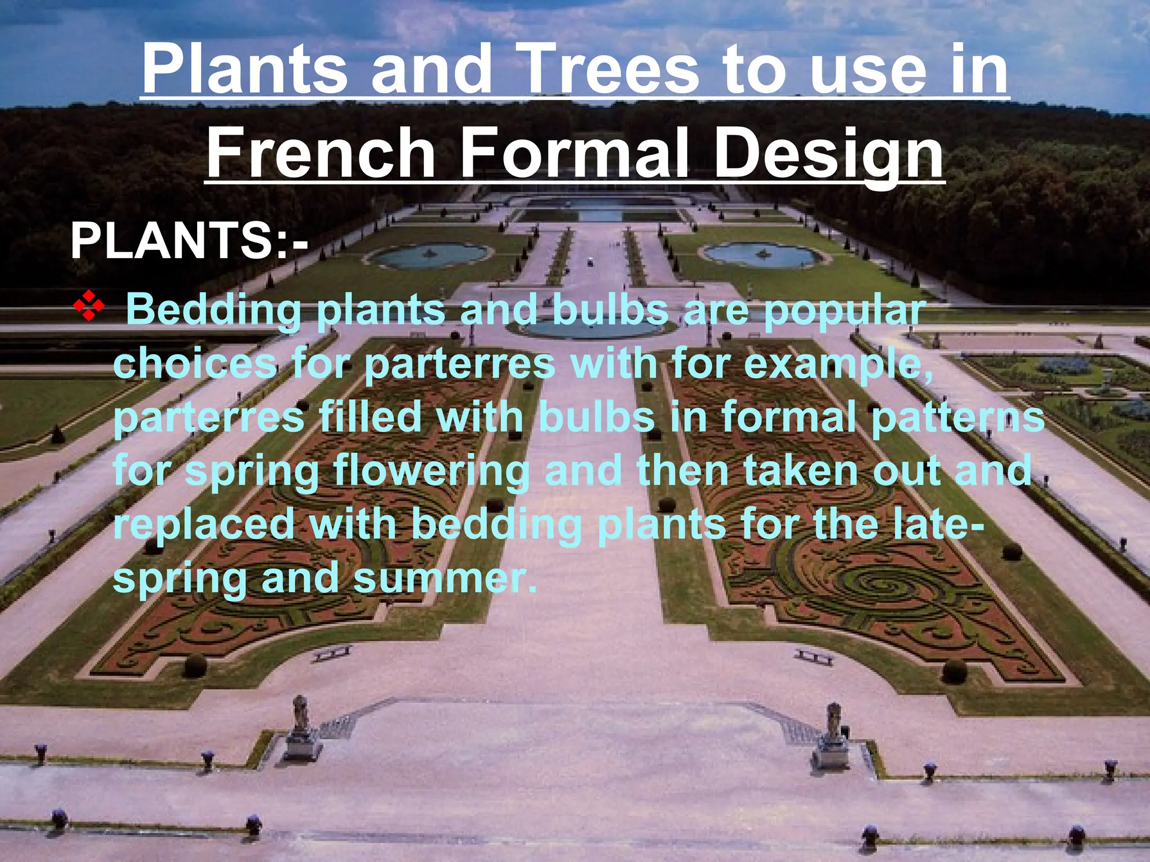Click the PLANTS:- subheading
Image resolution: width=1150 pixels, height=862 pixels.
coord(189,241)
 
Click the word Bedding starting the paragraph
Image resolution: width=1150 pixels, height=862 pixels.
coord(213,310)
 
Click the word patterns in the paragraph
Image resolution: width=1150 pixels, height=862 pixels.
coord(957,418)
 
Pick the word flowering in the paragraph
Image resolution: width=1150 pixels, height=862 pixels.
coord(431,472)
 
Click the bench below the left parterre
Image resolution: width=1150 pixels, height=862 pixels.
coord(332,653)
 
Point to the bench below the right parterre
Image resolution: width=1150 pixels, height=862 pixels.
coord(814,657)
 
